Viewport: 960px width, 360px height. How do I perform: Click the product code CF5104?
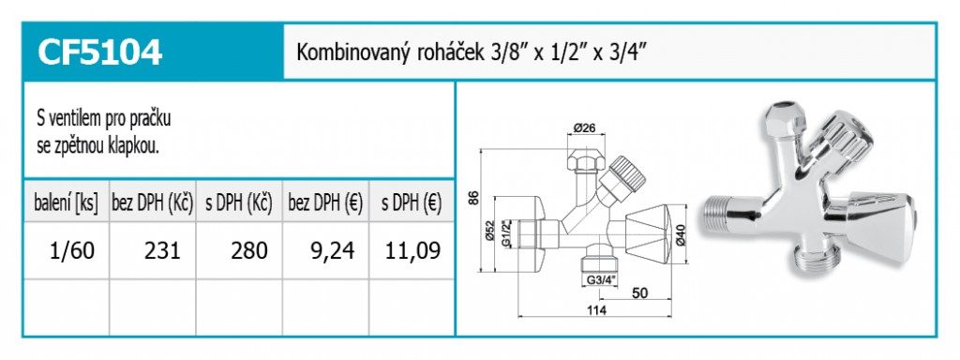[x=99, y=52]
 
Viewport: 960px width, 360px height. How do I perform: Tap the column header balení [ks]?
[x=67, y=203]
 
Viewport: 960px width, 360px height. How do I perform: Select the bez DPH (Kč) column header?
[x=153, y=203]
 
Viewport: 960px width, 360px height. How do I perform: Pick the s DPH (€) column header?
[x=412, y=203]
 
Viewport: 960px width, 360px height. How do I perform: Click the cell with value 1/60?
[x=71, y=250]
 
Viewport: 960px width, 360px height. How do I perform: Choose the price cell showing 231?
[x=162, y=250]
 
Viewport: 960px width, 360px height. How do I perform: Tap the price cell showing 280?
[x=249, y=250]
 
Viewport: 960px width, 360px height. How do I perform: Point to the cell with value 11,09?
[x=413, y=250]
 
